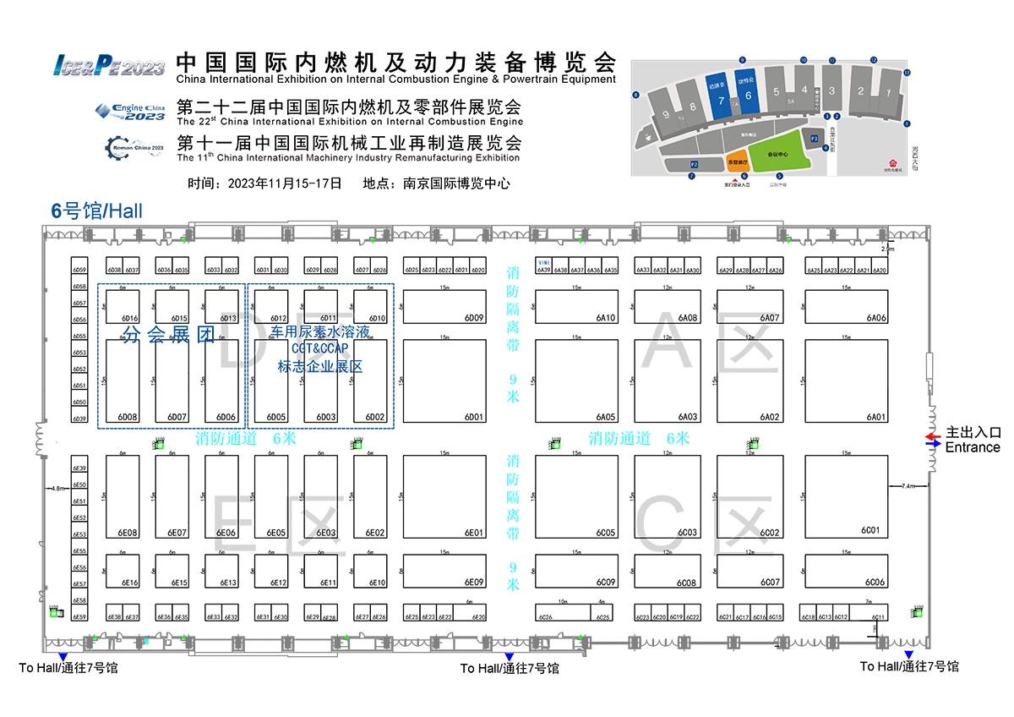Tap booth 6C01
(x=847, y=496)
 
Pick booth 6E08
(x=122, y=496)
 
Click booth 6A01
(x=847, y=380)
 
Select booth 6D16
(x=122, y=307)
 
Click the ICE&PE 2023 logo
(x=109, y=65)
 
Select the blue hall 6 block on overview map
(x=748, y=95)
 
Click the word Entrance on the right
(x=972, y=447)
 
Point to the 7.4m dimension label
(x=908, y=486)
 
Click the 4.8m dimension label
(x=57, y=489)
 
